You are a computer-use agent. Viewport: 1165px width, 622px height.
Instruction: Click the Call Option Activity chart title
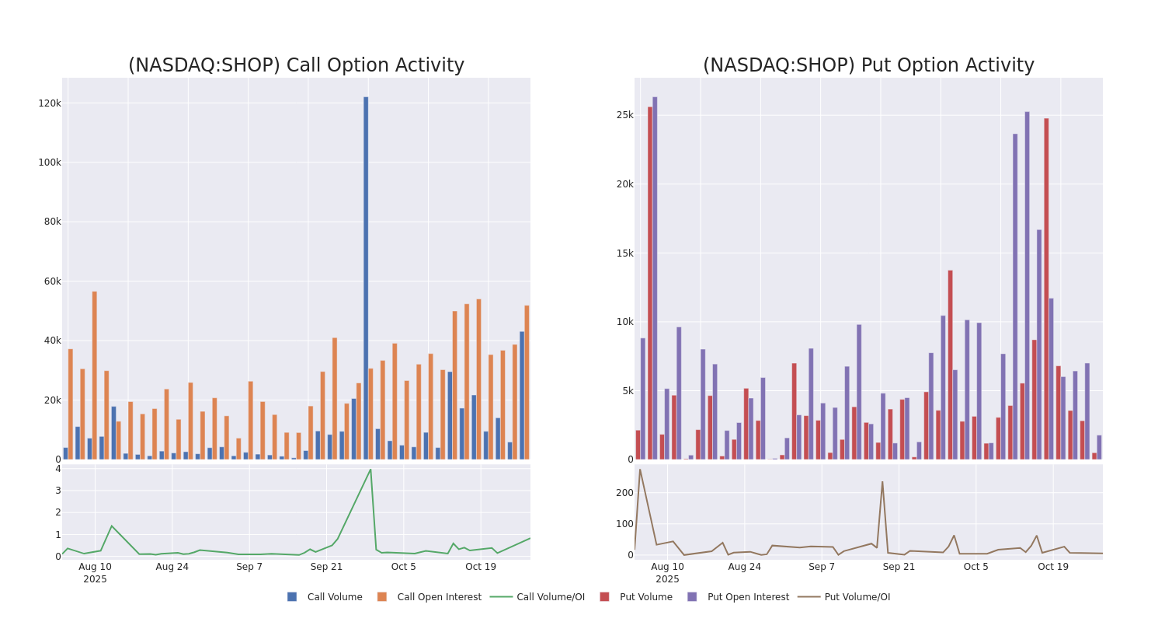tap(296, 65)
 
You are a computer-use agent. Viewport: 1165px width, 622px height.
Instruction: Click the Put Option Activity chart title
tap(868, 65)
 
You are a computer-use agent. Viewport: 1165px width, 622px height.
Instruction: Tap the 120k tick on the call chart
tap(50, 103)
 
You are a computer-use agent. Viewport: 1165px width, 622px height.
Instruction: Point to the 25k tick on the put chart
tap(624, 115)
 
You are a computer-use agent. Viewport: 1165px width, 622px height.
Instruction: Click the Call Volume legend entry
tap(325, 597)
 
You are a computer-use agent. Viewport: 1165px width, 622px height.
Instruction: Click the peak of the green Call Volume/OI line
tap(370, 470)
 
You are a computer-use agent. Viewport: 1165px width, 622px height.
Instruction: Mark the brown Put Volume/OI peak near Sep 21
tap(882, 482)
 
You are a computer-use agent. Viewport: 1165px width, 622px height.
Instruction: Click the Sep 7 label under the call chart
tap(249, 567)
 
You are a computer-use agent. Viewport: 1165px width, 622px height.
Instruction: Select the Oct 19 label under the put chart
tap(1053, 567)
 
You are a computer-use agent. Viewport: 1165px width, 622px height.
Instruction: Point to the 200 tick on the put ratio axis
tap(624, 493)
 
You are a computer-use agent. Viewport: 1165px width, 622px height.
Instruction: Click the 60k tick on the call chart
tap(52, 281)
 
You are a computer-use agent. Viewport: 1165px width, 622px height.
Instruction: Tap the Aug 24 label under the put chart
tap(745, 567)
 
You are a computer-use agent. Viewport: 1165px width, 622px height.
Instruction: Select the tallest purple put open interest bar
tap(655, 278)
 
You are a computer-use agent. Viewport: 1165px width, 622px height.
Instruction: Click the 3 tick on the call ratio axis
tap(57, 491)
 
